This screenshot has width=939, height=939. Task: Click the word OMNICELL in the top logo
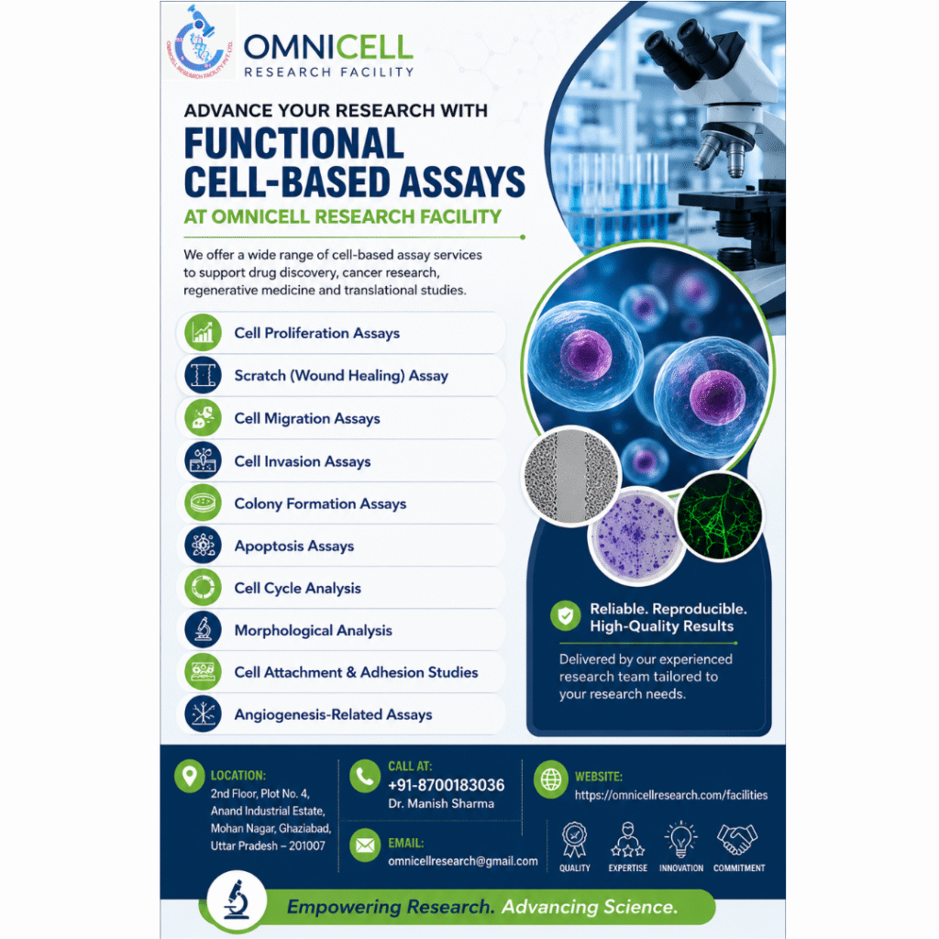click(328, 48)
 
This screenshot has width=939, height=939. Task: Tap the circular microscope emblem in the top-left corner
click(199, 42)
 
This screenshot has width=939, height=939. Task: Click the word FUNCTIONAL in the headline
click(293, 143)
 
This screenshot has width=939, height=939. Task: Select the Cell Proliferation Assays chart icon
click(203, 332)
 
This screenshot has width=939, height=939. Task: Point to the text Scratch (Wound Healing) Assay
click(341, 375)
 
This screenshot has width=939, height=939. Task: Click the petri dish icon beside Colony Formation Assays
click(203, 503)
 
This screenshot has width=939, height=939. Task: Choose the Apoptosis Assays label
click(294, 547)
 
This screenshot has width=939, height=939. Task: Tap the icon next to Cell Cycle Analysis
click(203, 588)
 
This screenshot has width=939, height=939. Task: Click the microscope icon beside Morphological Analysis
click(203, 630)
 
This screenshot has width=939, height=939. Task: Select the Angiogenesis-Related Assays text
click(333, 714)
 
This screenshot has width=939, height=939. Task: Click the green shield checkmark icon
click(565, 615)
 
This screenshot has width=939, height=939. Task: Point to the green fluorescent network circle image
click(719, 516)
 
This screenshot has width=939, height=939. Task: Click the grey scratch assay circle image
click(571, 476)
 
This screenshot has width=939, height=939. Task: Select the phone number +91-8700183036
click(447, 785)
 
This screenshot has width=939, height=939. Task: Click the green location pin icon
click(189, 776)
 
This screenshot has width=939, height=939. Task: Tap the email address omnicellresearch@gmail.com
click(463, 861)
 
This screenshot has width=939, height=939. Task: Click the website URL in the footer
click(671, 795)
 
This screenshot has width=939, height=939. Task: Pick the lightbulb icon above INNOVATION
click(681, 839)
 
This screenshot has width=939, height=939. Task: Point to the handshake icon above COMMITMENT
click(738, 839)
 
